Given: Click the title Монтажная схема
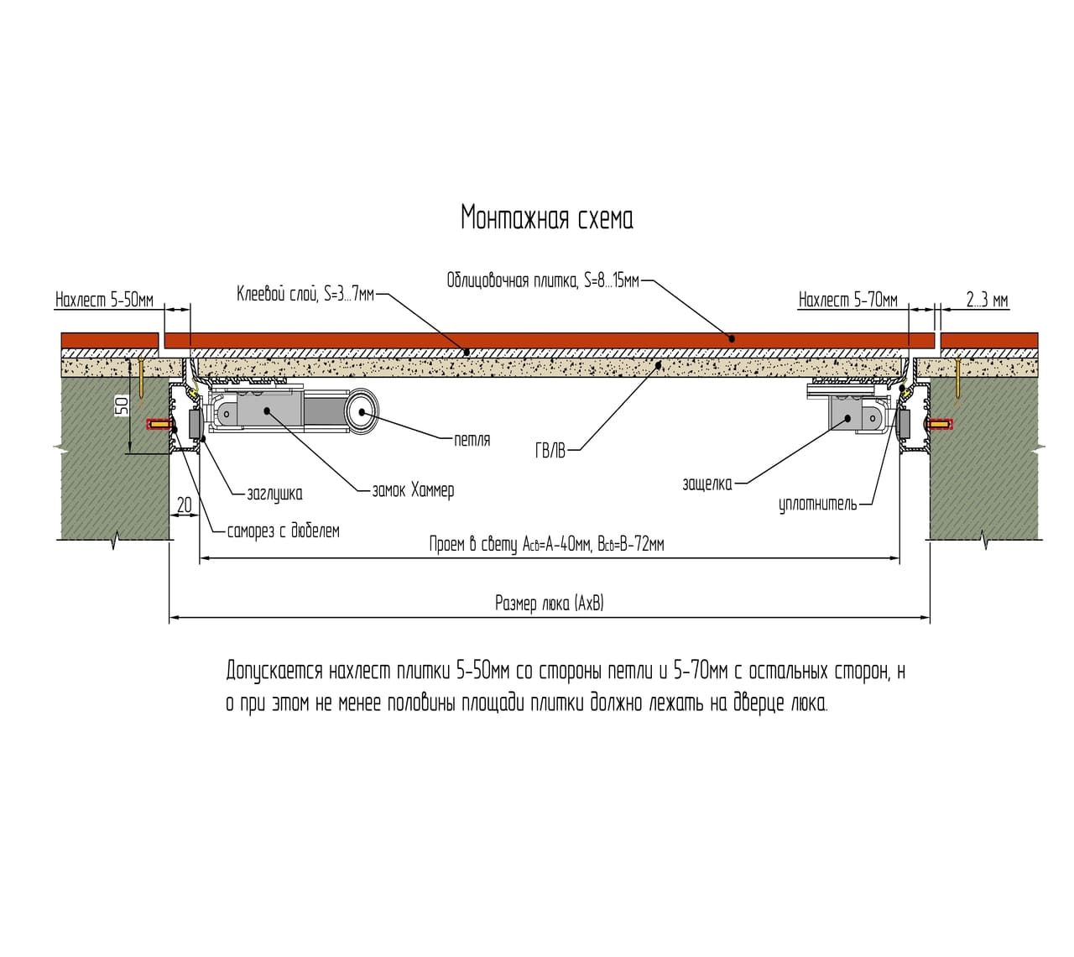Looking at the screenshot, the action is [x=546, y=217].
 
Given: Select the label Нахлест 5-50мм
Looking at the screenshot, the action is [x=104, y=301].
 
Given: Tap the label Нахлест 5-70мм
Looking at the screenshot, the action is [x=848, y=301].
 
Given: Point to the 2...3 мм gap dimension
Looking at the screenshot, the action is [x=987, y=301].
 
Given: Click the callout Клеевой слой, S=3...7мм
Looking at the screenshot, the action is [x=305, y=294].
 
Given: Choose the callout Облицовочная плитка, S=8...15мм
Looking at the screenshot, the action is [x=543, y=280].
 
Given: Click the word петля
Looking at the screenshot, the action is [x=472, y=440].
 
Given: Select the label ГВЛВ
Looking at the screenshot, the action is [x=550, y=452].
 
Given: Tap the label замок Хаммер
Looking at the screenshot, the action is [x=413, y=490].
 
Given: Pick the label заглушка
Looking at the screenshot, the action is [x=274, y=494].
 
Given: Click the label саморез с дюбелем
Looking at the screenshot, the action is [x=283, y=531].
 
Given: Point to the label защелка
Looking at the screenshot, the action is [x=706, y=484].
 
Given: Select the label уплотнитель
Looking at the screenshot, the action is [x=817, y=504].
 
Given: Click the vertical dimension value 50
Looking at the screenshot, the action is [x=123, y=405].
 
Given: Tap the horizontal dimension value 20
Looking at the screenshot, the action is [x=184, y=505].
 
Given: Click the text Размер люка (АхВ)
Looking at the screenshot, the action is [x=550, y=604].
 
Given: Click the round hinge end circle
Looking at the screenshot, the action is [x=362, y=411].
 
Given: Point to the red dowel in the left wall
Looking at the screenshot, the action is [x=159, y=425].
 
